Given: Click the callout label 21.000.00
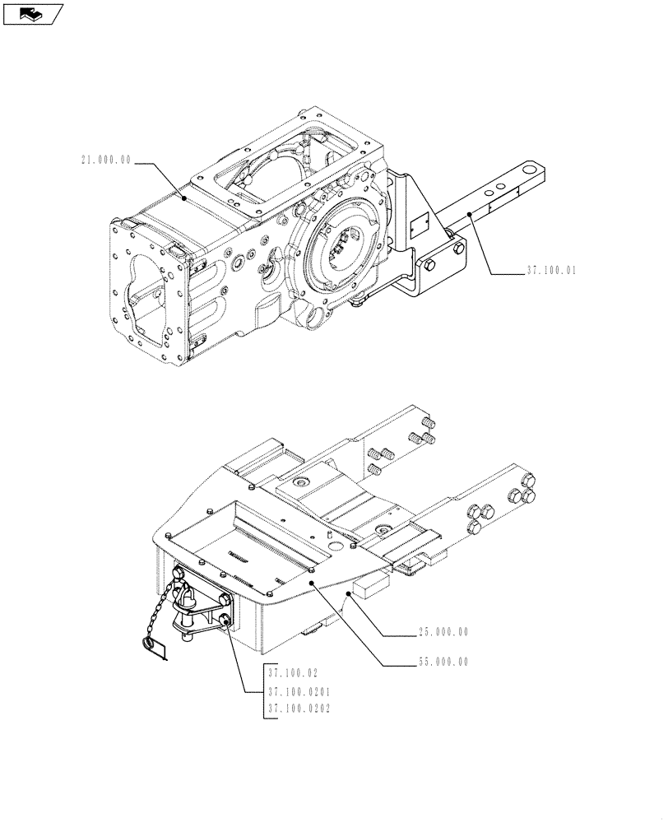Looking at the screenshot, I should tap(105, 162).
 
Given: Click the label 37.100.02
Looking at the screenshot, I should tap(292, 672).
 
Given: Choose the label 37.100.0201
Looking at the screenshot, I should tap(298, 691).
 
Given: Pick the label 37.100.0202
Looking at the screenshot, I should tap(298, 708).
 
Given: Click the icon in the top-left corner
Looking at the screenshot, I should tap(34, 13).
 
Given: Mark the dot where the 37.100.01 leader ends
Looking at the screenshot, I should tap(470, 213).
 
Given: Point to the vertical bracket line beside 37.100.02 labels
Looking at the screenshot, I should tap(263, 691).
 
